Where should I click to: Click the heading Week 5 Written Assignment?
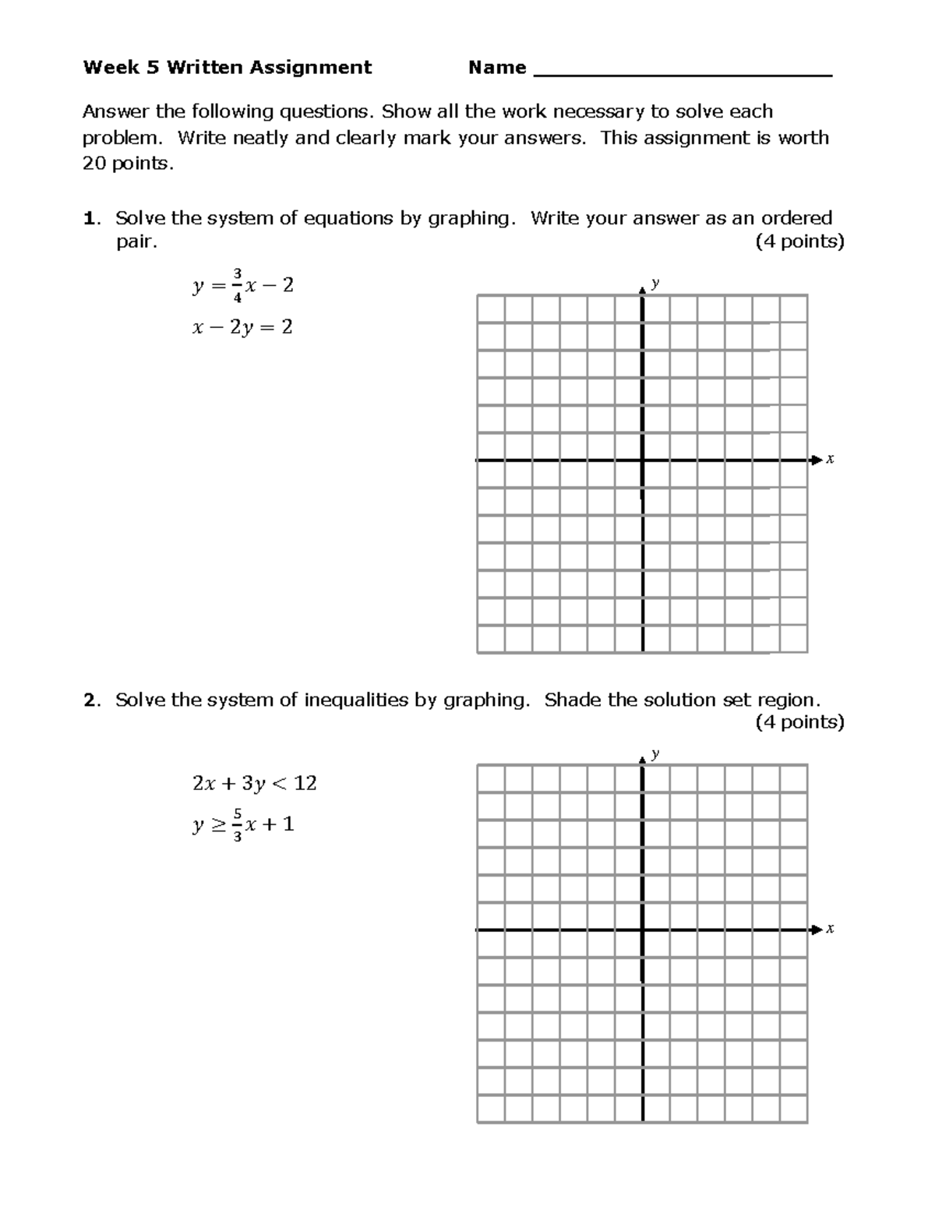227,68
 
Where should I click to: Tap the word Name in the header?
497,68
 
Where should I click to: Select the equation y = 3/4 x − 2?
242,286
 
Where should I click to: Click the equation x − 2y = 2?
242,327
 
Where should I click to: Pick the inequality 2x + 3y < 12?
254,783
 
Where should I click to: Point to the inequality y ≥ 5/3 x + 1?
242,825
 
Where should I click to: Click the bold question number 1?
89,218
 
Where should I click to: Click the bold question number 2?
90,700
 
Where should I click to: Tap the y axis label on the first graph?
655,283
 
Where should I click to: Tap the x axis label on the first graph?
830,460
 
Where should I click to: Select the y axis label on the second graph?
655,753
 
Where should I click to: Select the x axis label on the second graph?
830,929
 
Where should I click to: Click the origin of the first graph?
642,460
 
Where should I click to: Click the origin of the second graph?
642,930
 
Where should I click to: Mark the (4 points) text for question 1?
799,242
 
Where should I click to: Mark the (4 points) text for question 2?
799,722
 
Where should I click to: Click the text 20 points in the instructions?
125,164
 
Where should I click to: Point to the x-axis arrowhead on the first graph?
816,460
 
